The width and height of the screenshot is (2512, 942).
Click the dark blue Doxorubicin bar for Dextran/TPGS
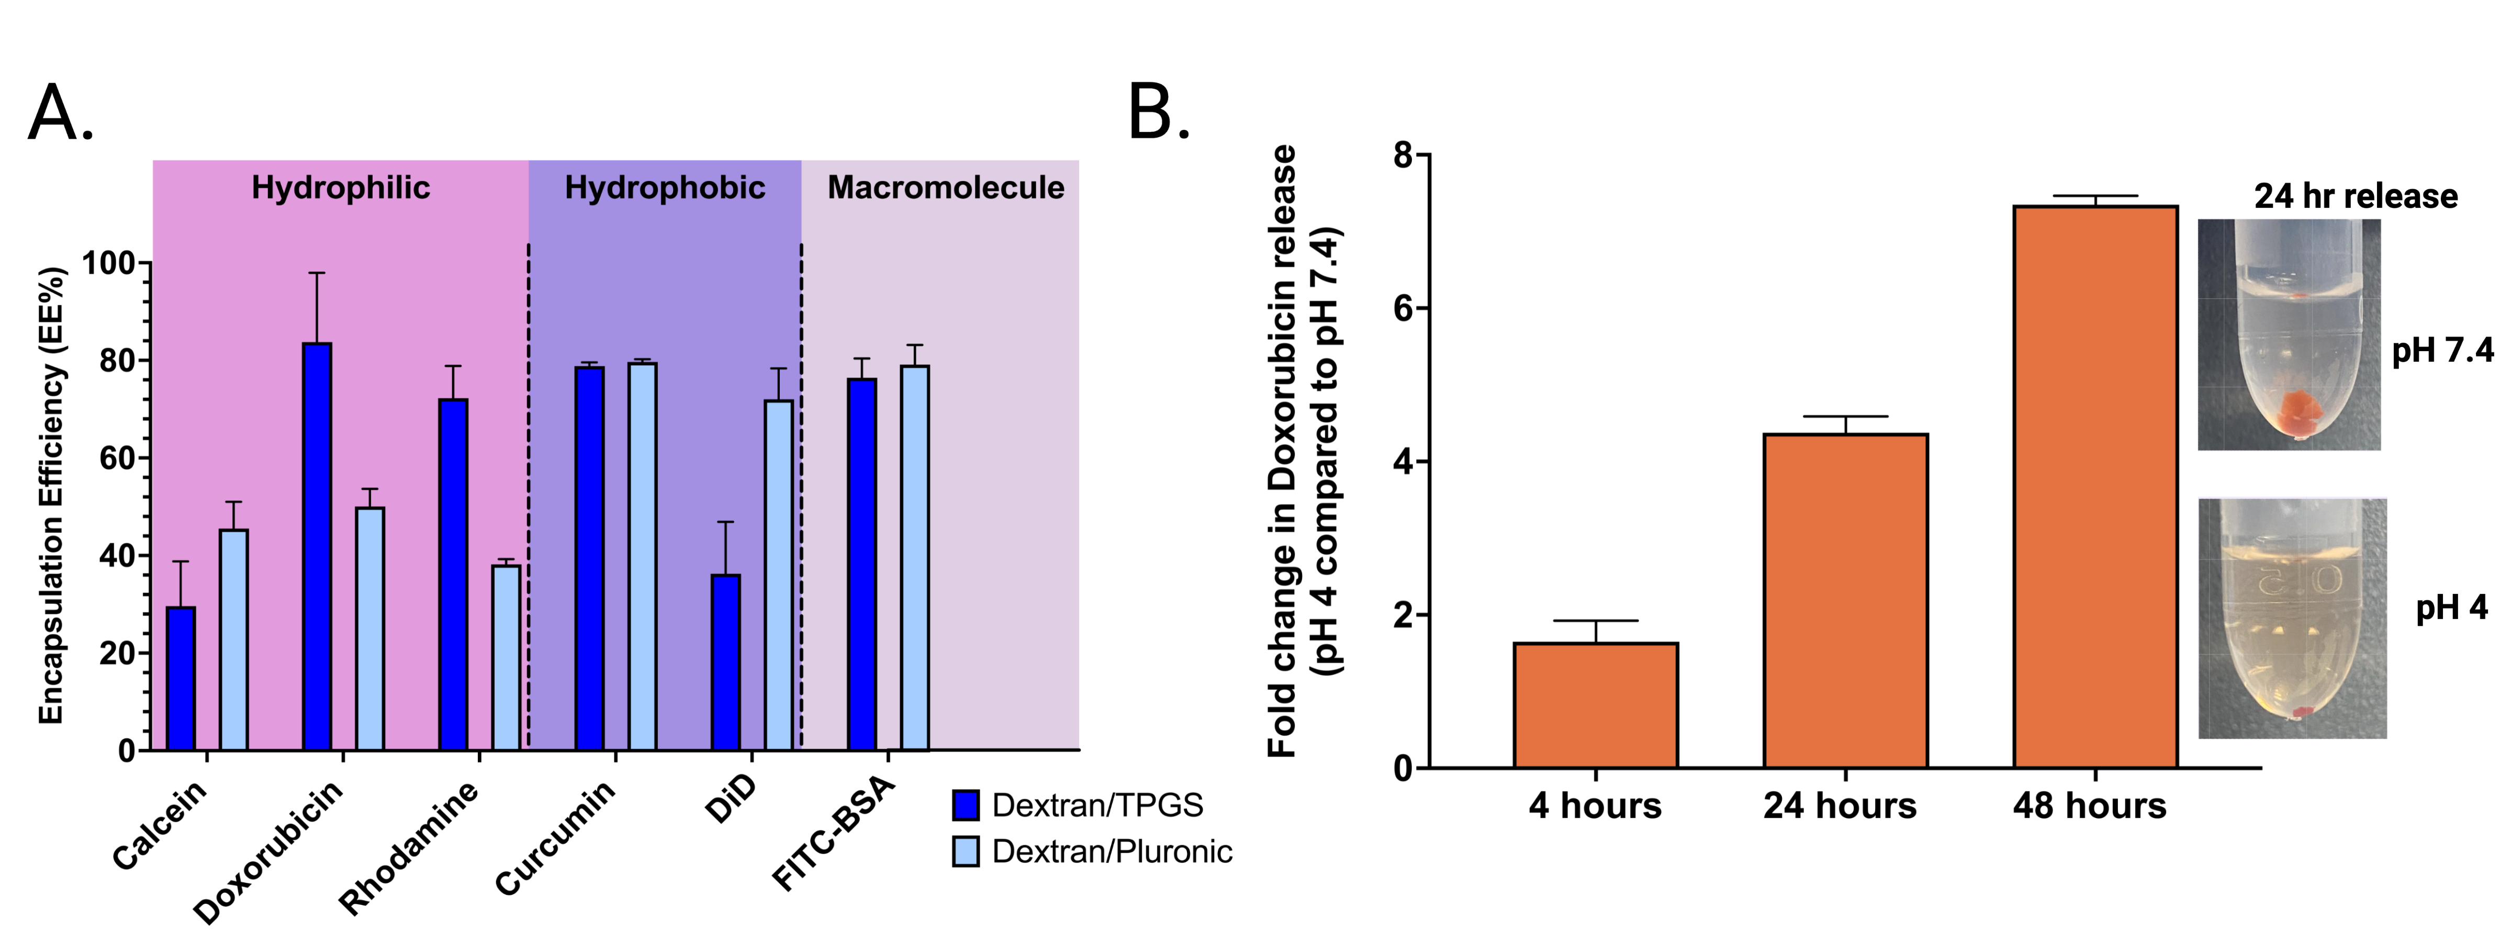tap(317, 546)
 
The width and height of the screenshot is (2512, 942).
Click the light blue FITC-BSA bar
tap(915, 558)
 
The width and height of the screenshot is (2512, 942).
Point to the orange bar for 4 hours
tap(1595, 705)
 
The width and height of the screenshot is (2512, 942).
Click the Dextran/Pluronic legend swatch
tap(966, 851)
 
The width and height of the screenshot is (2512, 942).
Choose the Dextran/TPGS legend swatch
tap(966, 805)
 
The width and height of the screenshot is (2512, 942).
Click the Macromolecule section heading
tap(945, 187)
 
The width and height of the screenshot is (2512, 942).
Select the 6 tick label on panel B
tap(1403, 308)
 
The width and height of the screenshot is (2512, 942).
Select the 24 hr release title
tap(2355, 196)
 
